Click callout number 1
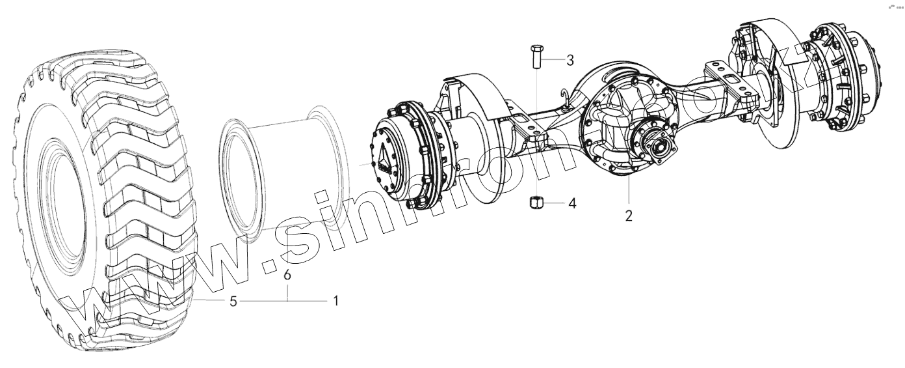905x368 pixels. (x=335, y=301)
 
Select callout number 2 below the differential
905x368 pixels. (x=629, y=216)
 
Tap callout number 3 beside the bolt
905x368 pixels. (x=570, y=61)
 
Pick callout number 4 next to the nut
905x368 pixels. (x=571, y=203)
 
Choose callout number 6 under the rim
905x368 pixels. (x=287, y=275)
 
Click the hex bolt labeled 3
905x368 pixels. (x=536, y=57)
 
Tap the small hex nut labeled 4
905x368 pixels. (x=536, y=203)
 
